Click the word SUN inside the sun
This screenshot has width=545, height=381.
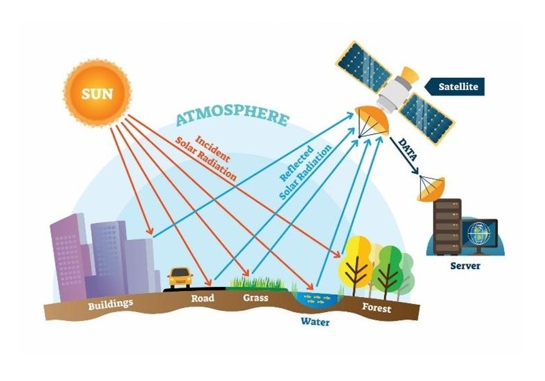(x=97, y=93)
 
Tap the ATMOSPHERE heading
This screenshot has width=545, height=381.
(x=232, y=117)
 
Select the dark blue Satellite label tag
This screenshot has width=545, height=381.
(x=456, y=87)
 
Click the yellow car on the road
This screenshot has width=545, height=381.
(x=180, y=276)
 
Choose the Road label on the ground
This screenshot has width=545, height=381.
(x=202, y=298)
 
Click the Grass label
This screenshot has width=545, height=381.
(x=255, y=298)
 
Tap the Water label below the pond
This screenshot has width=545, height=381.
(x=315, y=321)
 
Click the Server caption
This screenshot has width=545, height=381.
(x=465, y=265)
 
